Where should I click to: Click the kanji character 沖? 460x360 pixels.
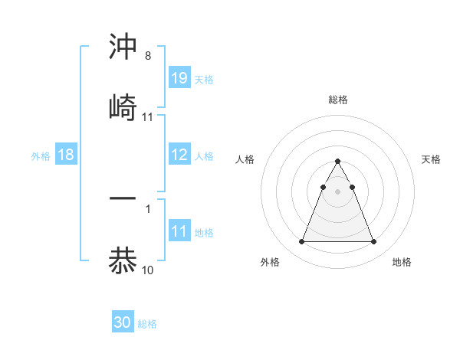click(123, 47)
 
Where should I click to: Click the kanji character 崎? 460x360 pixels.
click(123, 108)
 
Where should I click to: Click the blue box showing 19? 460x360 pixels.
click(179, 77)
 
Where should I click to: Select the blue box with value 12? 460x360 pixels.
click(179, 155)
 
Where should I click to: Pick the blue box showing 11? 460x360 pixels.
click(179, 231)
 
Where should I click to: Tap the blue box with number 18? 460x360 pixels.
click(66, 155)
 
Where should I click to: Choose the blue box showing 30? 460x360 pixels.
click(123, 322)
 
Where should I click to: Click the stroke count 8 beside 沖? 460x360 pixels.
click(148, 57)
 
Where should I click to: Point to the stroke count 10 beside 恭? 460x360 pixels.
click(148, 270)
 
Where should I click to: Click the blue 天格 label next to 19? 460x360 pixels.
click(204, 79)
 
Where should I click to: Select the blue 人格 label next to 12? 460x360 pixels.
click(204, 156)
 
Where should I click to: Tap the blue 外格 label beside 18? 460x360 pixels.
click(41, 156)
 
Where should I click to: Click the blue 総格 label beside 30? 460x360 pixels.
click(147, 324)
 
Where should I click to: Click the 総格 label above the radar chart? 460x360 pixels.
click(337, 100)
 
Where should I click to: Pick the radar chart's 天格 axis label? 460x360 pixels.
click(431, 159)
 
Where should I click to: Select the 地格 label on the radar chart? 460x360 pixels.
click(402, 263)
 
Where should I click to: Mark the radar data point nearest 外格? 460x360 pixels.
click(301, 242)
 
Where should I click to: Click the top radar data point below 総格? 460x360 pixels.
click(337, 161)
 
